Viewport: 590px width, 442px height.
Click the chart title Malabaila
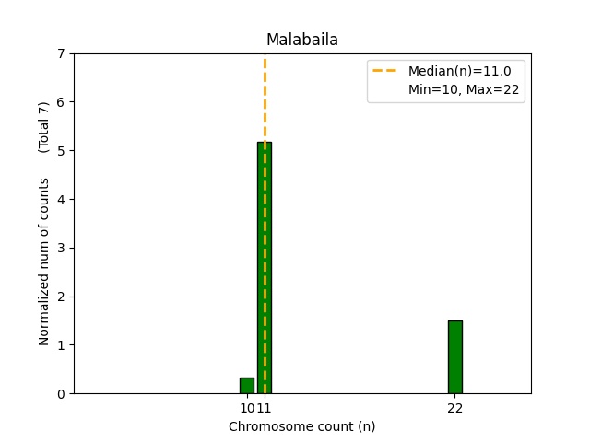[x=301, y=40]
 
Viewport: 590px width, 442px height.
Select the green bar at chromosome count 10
[x=247, y=386]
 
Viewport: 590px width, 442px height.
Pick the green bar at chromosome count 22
[x=454, y=357]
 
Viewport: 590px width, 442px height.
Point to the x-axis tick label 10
[x=246, y=408]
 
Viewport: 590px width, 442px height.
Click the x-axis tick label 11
[x=265, y=408]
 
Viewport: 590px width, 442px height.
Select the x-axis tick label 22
[x=454, y=408]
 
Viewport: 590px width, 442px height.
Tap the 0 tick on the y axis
[x=61, y=394]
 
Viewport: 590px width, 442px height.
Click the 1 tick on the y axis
[x=61, y=345]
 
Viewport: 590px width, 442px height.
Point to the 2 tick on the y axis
[x=61, y=297]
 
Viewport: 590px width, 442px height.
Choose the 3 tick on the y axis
[x=61, y=248]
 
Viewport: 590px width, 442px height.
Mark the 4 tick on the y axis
[x=61, y=200]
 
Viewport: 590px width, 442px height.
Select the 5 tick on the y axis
[x=61, y=151]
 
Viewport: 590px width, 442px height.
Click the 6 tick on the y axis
[x=61, y=102]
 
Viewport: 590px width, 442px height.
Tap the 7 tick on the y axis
[x=61, y=53]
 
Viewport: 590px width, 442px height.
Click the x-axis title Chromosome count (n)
[x=301, y=426]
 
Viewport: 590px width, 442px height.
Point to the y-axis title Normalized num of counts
[x=44, y=262]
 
